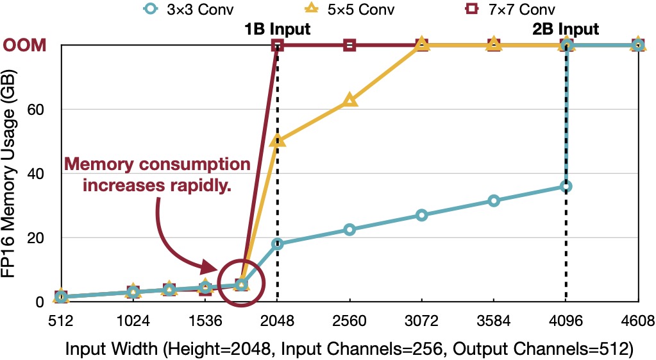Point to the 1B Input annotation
pos(278,29)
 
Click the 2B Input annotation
pos(566,29)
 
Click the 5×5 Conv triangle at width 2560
pos(349,100)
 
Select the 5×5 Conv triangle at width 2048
pos(278,141)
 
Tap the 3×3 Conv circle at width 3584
pos(493,200)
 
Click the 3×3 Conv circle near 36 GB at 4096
pos(566,186)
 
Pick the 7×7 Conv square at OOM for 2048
pos(278,45)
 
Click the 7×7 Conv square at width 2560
pos(349,45)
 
